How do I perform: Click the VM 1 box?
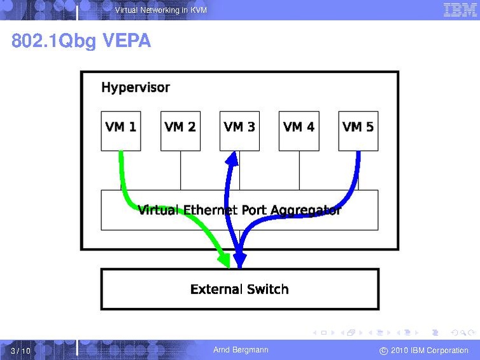coord(121,131)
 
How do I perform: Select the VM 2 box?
coord(180,131)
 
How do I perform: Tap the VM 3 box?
coord(239,131)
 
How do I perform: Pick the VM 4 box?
coord(299,131)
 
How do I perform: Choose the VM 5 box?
coord(358,131)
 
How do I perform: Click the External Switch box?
coord(240,289)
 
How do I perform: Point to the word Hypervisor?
coord(136,88)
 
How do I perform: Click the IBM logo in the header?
coord(460,10)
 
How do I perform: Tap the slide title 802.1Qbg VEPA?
coord(81,40)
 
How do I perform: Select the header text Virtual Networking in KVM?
coord(161,10)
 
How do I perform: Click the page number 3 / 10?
coord(20,350)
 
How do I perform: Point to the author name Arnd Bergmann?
coord(241,350)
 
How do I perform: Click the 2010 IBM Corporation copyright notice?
coord(424,350)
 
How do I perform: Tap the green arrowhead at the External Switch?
coord(225,260)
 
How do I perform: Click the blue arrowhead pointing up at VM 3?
coord(232,158)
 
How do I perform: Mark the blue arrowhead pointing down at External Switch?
coord(240,261)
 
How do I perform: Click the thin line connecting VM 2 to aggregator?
coord(180,170)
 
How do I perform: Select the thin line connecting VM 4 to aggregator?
coord(299,170)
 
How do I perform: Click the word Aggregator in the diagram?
coord(306,211)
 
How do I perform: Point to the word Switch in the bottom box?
coord(268,289)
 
